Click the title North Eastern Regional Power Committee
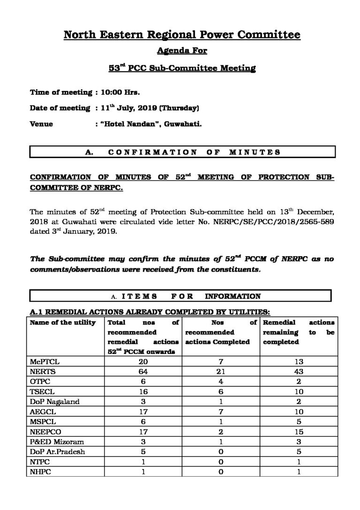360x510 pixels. [181, 34]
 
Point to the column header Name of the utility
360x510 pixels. [63, 322]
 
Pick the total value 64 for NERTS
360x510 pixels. [142, 371]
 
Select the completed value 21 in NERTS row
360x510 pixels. [220, 371]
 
